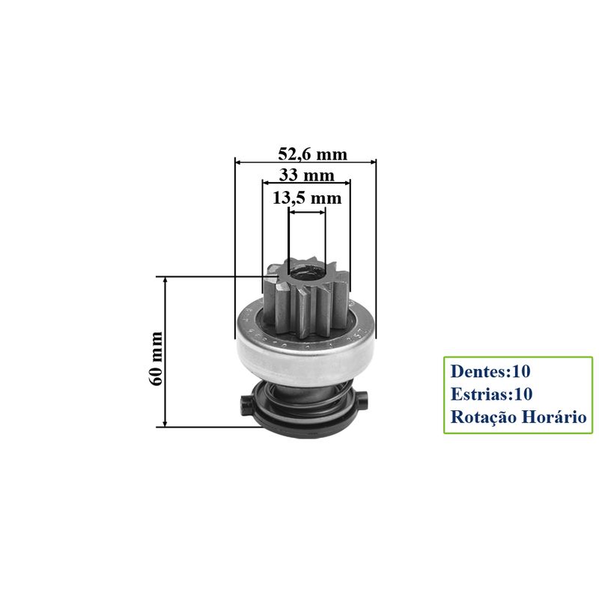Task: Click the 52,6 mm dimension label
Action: pos(312,154)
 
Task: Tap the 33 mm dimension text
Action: pos(306,175)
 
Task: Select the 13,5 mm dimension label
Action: pos(307,198)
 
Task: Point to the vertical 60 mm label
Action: pos(156,359)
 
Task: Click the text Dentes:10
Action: pos(490,371)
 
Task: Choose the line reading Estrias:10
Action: pos(491,394)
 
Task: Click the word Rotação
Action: pos(484,417)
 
